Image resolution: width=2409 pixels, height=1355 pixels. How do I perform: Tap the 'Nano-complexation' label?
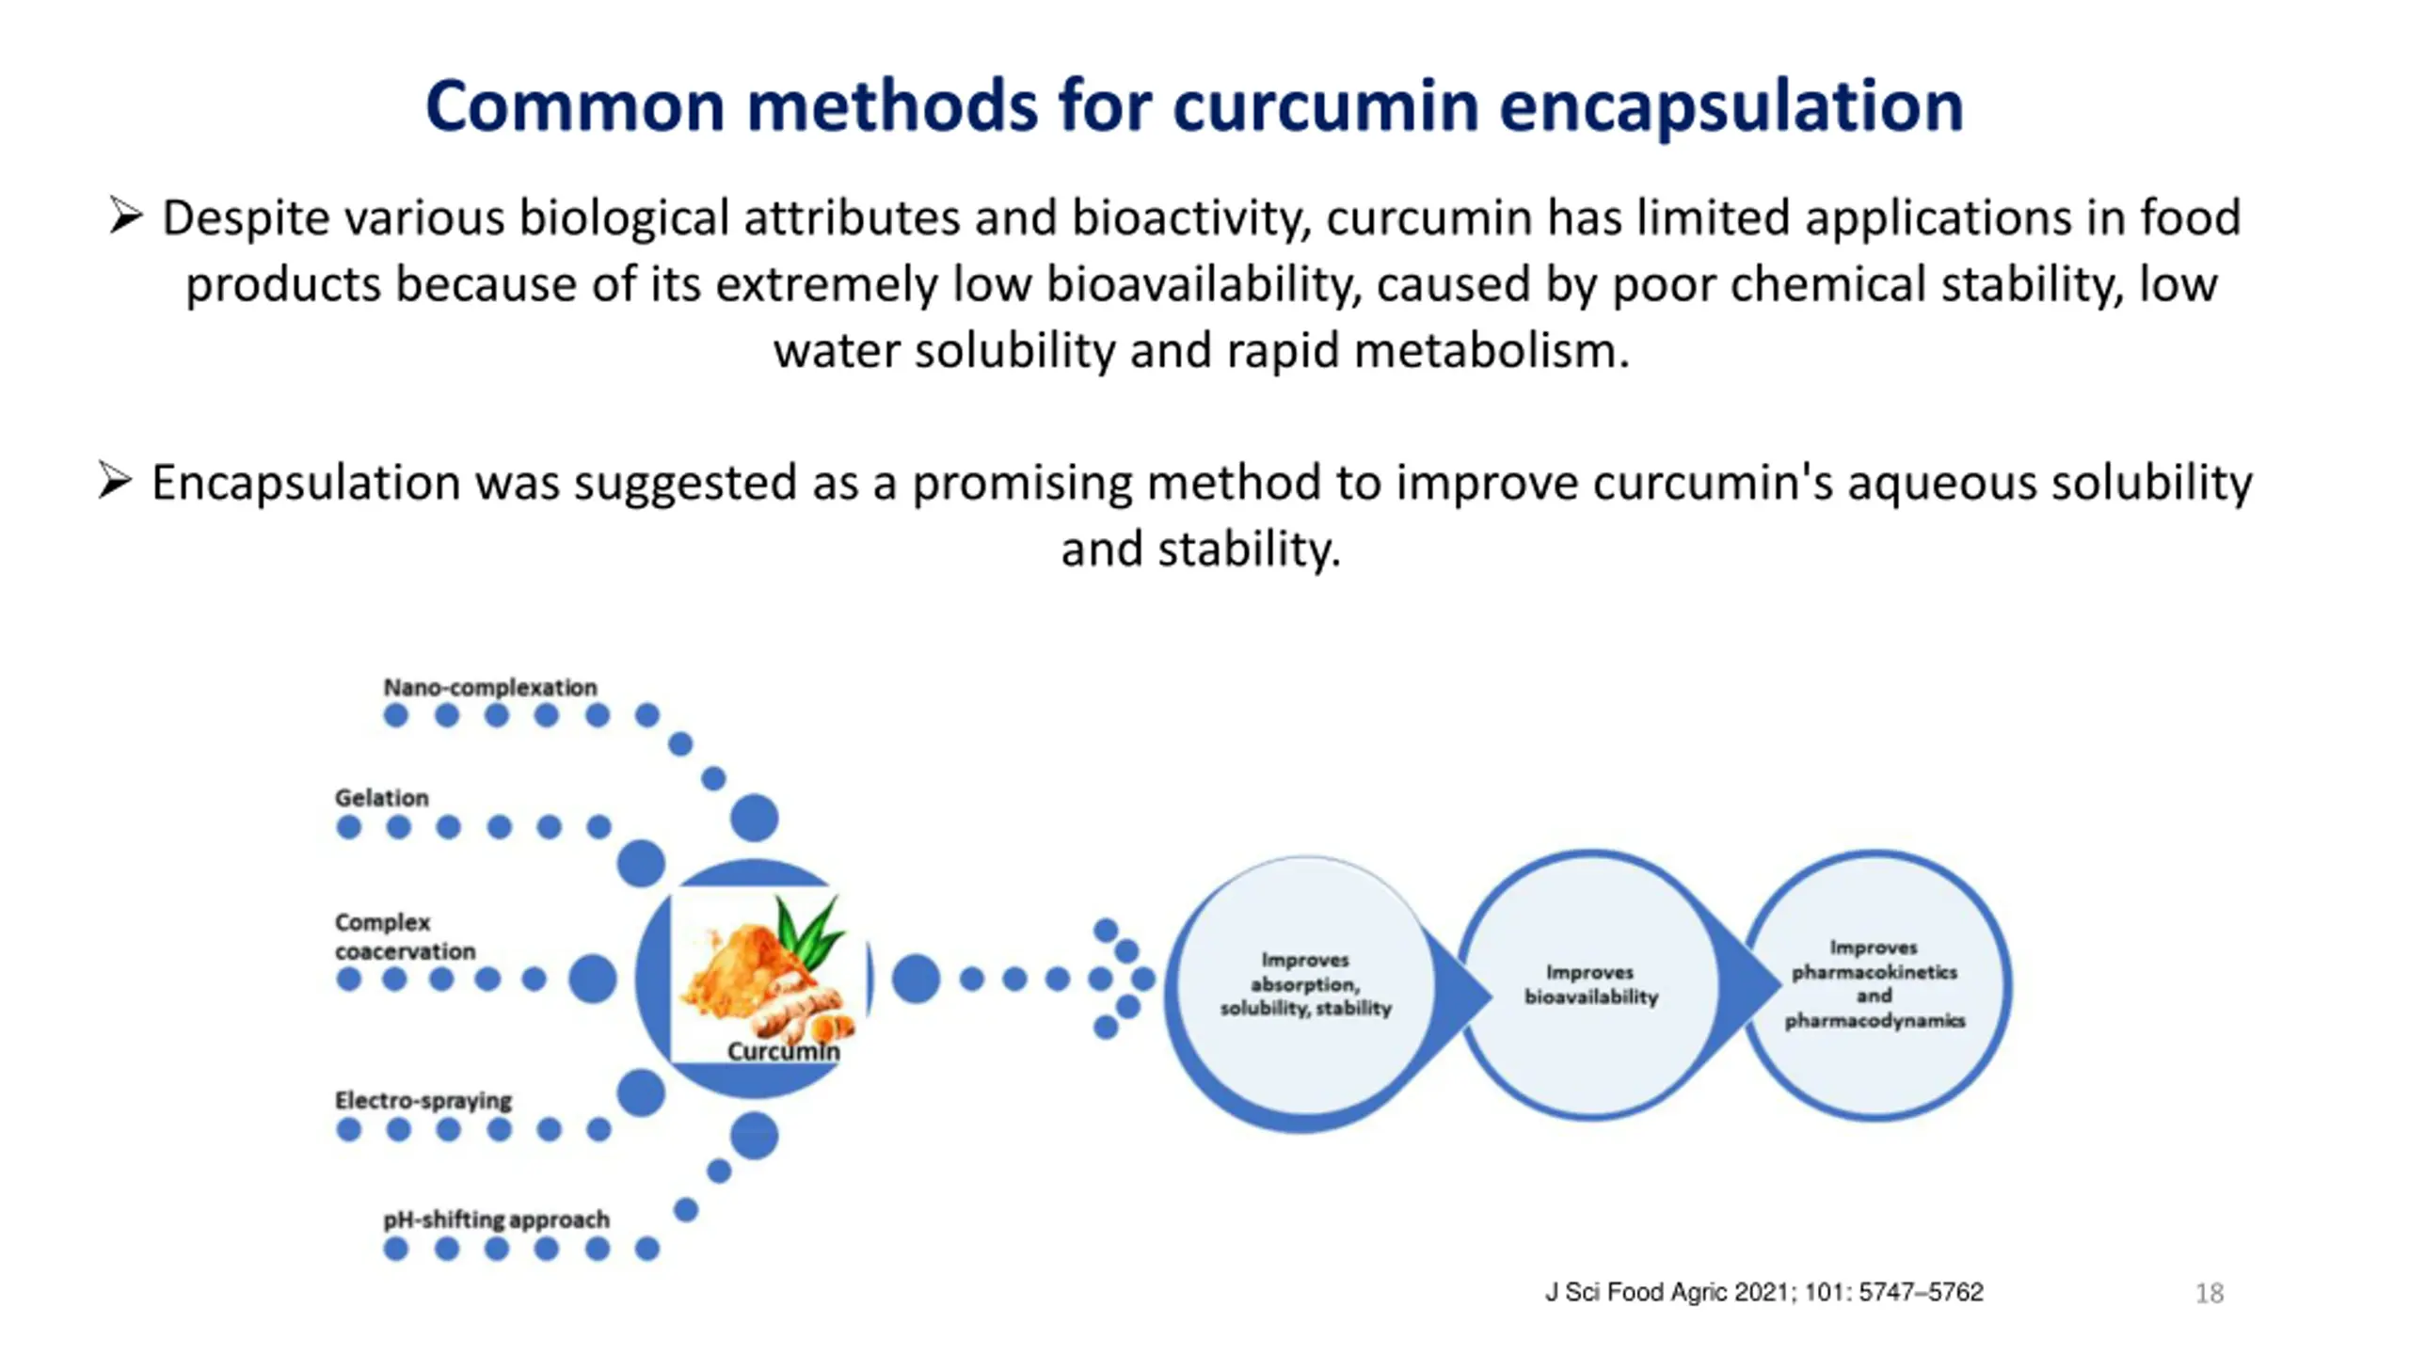point(489,687)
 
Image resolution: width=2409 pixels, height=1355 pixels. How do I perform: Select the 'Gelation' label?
point(381,798)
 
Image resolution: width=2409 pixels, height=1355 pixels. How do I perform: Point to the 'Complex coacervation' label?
point(405,936)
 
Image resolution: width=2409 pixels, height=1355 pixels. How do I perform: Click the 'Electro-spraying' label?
point(423,1100)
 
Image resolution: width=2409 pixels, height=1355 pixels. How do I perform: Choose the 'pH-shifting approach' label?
point(496,1219)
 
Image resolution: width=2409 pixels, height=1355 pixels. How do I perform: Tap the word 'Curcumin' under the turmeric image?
point(783,1051)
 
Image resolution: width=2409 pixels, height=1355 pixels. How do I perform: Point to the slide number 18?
point(2210,1294)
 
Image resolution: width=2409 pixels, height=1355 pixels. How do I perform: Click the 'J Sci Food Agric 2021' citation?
point(1764,1292)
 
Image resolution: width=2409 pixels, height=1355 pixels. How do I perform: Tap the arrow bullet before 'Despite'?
point(125,215)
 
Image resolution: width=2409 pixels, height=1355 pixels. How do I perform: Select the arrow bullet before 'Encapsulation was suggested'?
point(115,481)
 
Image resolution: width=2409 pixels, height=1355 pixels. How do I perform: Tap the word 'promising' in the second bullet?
point(1022,484)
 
